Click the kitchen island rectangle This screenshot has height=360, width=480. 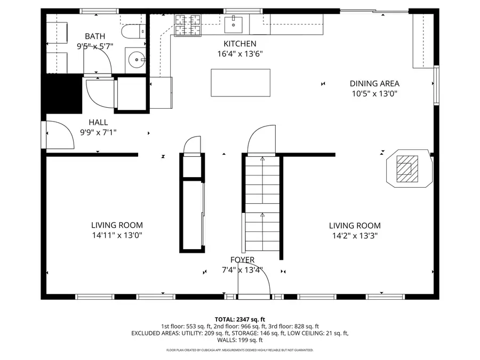[240, 83]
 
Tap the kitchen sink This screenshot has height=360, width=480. [234, 23]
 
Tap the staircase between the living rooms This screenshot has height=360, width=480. [262, 205]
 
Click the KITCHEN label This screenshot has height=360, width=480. [239, 44]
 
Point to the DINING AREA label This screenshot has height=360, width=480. [374, 83]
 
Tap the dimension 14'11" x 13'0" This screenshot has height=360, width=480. [117, 235]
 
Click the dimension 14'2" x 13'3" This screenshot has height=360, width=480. [355, 235]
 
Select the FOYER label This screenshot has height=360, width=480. [242, 260]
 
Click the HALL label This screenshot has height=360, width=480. [98, 122]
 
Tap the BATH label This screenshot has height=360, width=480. [95, 36]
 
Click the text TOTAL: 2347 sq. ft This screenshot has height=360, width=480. [240, 319]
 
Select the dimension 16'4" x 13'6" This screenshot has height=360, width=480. [239, 53]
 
